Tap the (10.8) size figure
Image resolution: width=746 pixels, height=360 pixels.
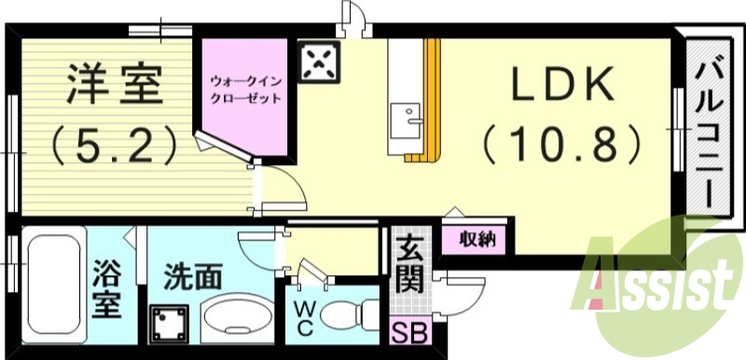click(562, 145)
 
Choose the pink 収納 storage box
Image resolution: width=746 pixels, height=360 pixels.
click(477, 239)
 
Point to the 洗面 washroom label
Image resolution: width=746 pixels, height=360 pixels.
click(193, 277)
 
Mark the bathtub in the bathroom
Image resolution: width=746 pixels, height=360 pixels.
click(52, 290)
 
